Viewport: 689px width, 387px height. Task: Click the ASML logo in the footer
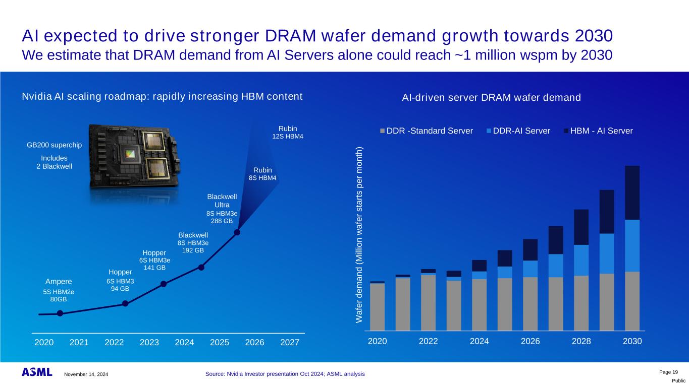coord(37,372)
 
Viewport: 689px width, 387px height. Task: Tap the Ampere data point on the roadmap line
coord(60,313)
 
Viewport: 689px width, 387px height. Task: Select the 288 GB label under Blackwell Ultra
coord(222,221)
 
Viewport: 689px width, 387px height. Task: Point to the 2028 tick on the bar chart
coord(581,341)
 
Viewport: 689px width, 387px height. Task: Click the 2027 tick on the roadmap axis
coord(290,343)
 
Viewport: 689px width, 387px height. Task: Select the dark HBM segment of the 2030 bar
coord(632,192)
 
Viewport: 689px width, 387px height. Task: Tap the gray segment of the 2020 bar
coord(377,306)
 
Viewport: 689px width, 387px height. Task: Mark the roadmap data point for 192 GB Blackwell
coord(201,268)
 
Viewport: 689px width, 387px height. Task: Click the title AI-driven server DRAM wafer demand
coord(491,97)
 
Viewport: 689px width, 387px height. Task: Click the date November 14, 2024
coord(86,374)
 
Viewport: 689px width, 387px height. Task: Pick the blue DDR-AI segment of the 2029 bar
coord(607,253)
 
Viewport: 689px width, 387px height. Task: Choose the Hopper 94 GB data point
coord(125,303)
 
